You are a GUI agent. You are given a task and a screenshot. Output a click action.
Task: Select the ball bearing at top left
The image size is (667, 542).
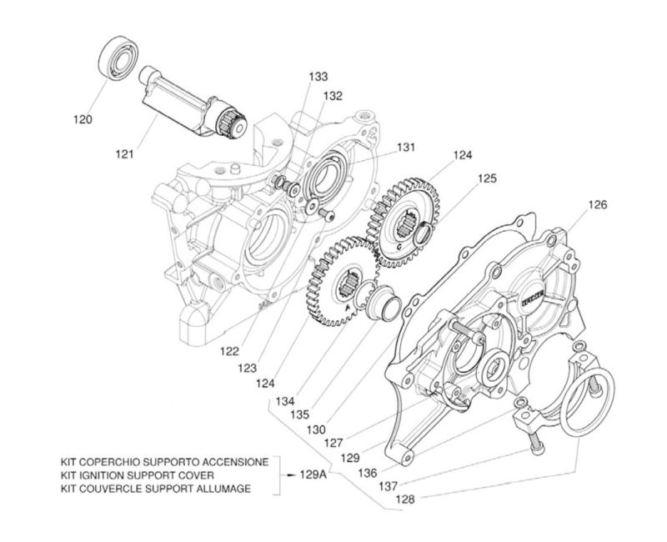click(118, 58)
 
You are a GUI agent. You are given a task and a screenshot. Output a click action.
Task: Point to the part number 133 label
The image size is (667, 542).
click(318, 77)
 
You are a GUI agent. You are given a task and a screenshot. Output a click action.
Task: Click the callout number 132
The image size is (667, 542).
click(333, 96)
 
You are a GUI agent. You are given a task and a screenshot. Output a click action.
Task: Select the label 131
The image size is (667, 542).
click(405, 147)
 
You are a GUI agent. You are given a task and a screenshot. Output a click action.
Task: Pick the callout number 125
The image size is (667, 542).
click(488, 178)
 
